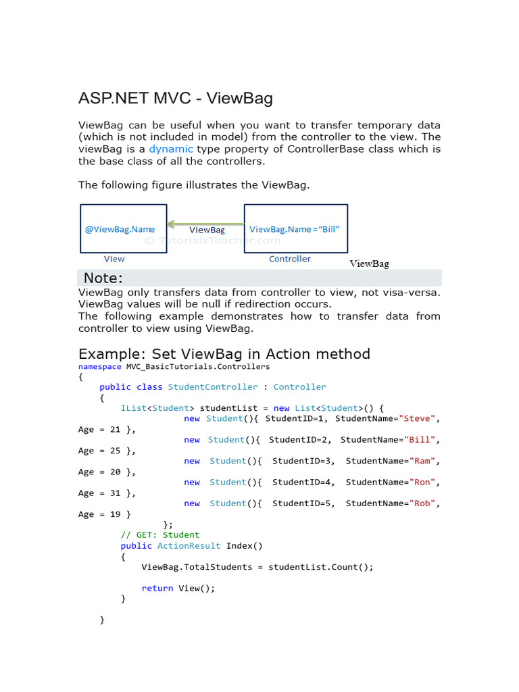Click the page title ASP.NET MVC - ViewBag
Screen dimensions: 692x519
176,99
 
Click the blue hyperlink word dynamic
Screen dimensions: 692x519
171,149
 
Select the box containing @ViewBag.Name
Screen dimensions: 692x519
123,229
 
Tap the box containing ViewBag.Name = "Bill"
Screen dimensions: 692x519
295,229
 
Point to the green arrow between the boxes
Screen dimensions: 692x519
205,223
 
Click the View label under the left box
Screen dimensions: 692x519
114,259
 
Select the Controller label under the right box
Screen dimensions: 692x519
290,259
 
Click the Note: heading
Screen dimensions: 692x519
103,278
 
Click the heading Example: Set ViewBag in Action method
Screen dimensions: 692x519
224,353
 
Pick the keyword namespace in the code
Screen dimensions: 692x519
100,366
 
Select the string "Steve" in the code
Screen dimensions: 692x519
419,418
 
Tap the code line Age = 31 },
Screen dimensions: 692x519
107,493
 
